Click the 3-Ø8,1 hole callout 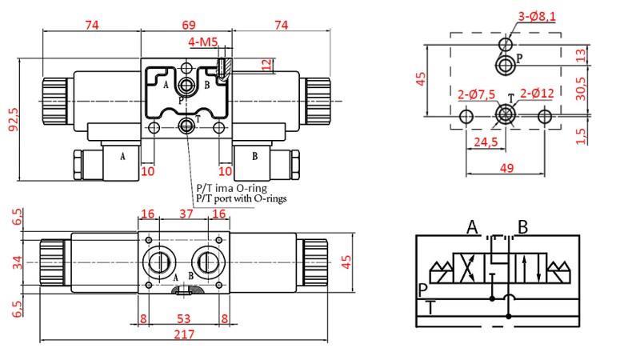pos(536,14)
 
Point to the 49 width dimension pos(506,168)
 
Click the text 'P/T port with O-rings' pos(241,198)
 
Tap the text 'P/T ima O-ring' pos(231,188)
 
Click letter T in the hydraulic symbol pos(431,307)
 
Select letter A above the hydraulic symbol pos(472,228)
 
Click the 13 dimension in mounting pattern pos(582,54)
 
